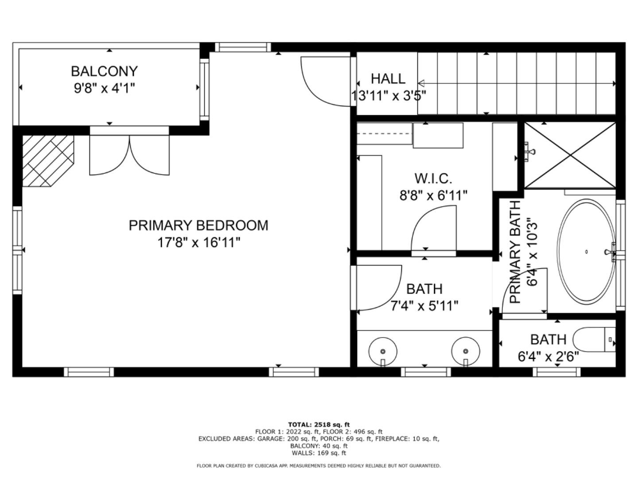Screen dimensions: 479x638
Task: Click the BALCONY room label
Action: tap(104, 71)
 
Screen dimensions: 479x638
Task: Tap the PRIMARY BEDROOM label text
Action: tap(198, 225)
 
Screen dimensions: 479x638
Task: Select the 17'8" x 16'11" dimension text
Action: tap(198, 243)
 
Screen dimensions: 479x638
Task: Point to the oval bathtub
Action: tap(586, 251)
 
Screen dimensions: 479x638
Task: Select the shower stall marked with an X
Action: tap(570, 155)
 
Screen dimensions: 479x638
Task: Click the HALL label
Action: tap(388, 79)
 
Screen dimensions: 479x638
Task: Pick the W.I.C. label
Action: tap(433, 178)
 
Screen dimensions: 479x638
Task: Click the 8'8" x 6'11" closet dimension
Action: tap(433, 195)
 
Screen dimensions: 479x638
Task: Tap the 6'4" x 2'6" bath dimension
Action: tap(548, 357)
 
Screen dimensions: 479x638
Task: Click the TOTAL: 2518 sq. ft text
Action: tap(319, 424)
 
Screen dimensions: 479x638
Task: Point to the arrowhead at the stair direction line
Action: tap(421, 83)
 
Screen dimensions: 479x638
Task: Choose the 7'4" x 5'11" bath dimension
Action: tap(424, 306)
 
